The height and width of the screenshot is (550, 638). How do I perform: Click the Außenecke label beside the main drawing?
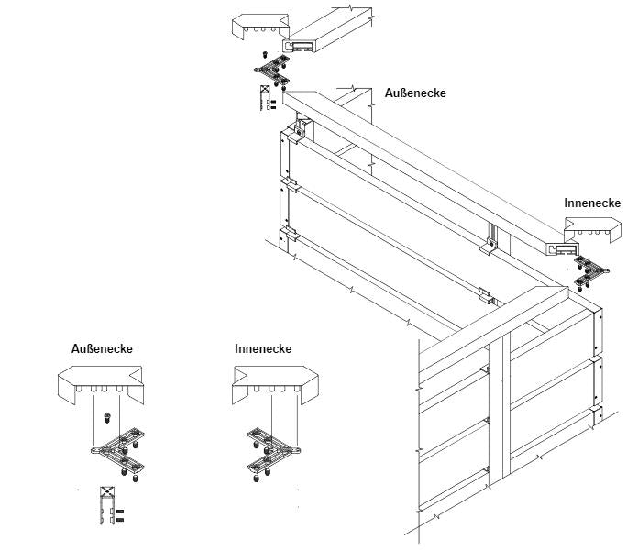point(415,93)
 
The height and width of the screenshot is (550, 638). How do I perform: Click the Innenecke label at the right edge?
point(592,203)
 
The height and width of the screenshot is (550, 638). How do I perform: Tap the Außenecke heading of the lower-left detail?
point(102,349)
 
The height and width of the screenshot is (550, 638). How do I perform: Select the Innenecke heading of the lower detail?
point(263,349)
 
